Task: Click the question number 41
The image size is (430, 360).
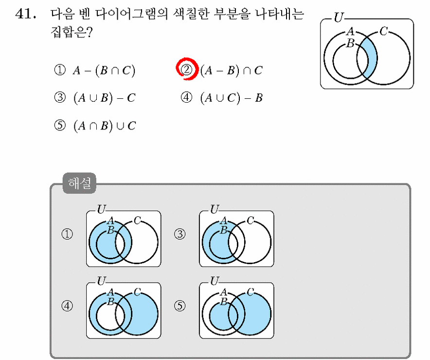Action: click(25, 14)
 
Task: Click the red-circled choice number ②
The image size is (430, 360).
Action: click(187, 70)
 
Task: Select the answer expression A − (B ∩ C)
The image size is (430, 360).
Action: click(104, 71)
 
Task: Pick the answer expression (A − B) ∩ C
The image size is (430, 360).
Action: click(231, 71)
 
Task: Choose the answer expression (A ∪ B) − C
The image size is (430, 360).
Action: click(104, 98)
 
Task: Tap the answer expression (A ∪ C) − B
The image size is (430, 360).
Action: click(231, 98)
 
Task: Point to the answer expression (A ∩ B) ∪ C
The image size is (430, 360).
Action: click(104, 126)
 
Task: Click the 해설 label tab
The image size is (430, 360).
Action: click(79, 183)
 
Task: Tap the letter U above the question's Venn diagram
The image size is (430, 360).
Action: click(339, 18)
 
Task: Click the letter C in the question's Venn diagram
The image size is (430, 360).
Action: click(384, 31)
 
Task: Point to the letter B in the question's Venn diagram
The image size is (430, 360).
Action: click(350, 43)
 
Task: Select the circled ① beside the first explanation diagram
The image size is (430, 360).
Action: click(67, 234)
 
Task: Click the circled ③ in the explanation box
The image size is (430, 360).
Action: click(180, 234)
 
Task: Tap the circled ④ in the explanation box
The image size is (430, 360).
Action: click(67, 306)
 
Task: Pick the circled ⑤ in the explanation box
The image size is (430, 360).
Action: click(180, 306)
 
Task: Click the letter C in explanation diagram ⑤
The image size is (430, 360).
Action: click(250, 292)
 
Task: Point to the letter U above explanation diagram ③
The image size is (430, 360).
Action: click(215, 209)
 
